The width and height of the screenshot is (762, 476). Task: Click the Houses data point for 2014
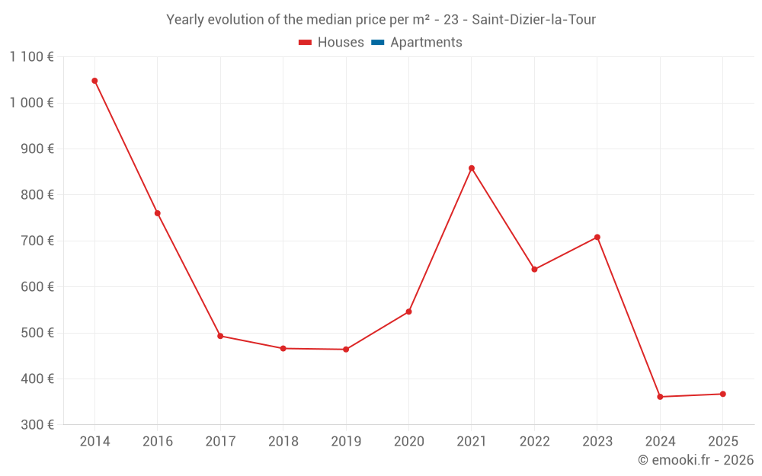tap(94, 81)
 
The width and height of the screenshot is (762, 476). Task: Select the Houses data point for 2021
tap(472, 168)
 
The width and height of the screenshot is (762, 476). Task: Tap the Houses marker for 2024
tap(660, 397)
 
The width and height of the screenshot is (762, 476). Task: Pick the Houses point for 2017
tap(220, 336)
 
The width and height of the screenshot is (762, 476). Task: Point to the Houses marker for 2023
tap(597, 237)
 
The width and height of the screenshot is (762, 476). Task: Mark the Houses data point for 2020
tap(408, 311)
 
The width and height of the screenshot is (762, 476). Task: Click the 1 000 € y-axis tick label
tap(32, 103)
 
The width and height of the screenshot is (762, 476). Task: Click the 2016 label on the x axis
tap(158, 442)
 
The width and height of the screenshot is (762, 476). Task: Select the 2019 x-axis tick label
tap(346, 442)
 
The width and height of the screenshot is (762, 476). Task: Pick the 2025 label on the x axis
tap(722, 442)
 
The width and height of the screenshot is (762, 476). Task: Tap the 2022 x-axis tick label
tap(534, 442)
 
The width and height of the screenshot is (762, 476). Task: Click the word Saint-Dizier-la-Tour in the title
tap(533, 20)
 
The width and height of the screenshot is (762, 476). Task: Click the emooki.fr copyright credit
tap(696, 460)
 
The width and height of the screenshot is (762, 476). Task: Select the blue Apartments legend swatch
tap(377, 43)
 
